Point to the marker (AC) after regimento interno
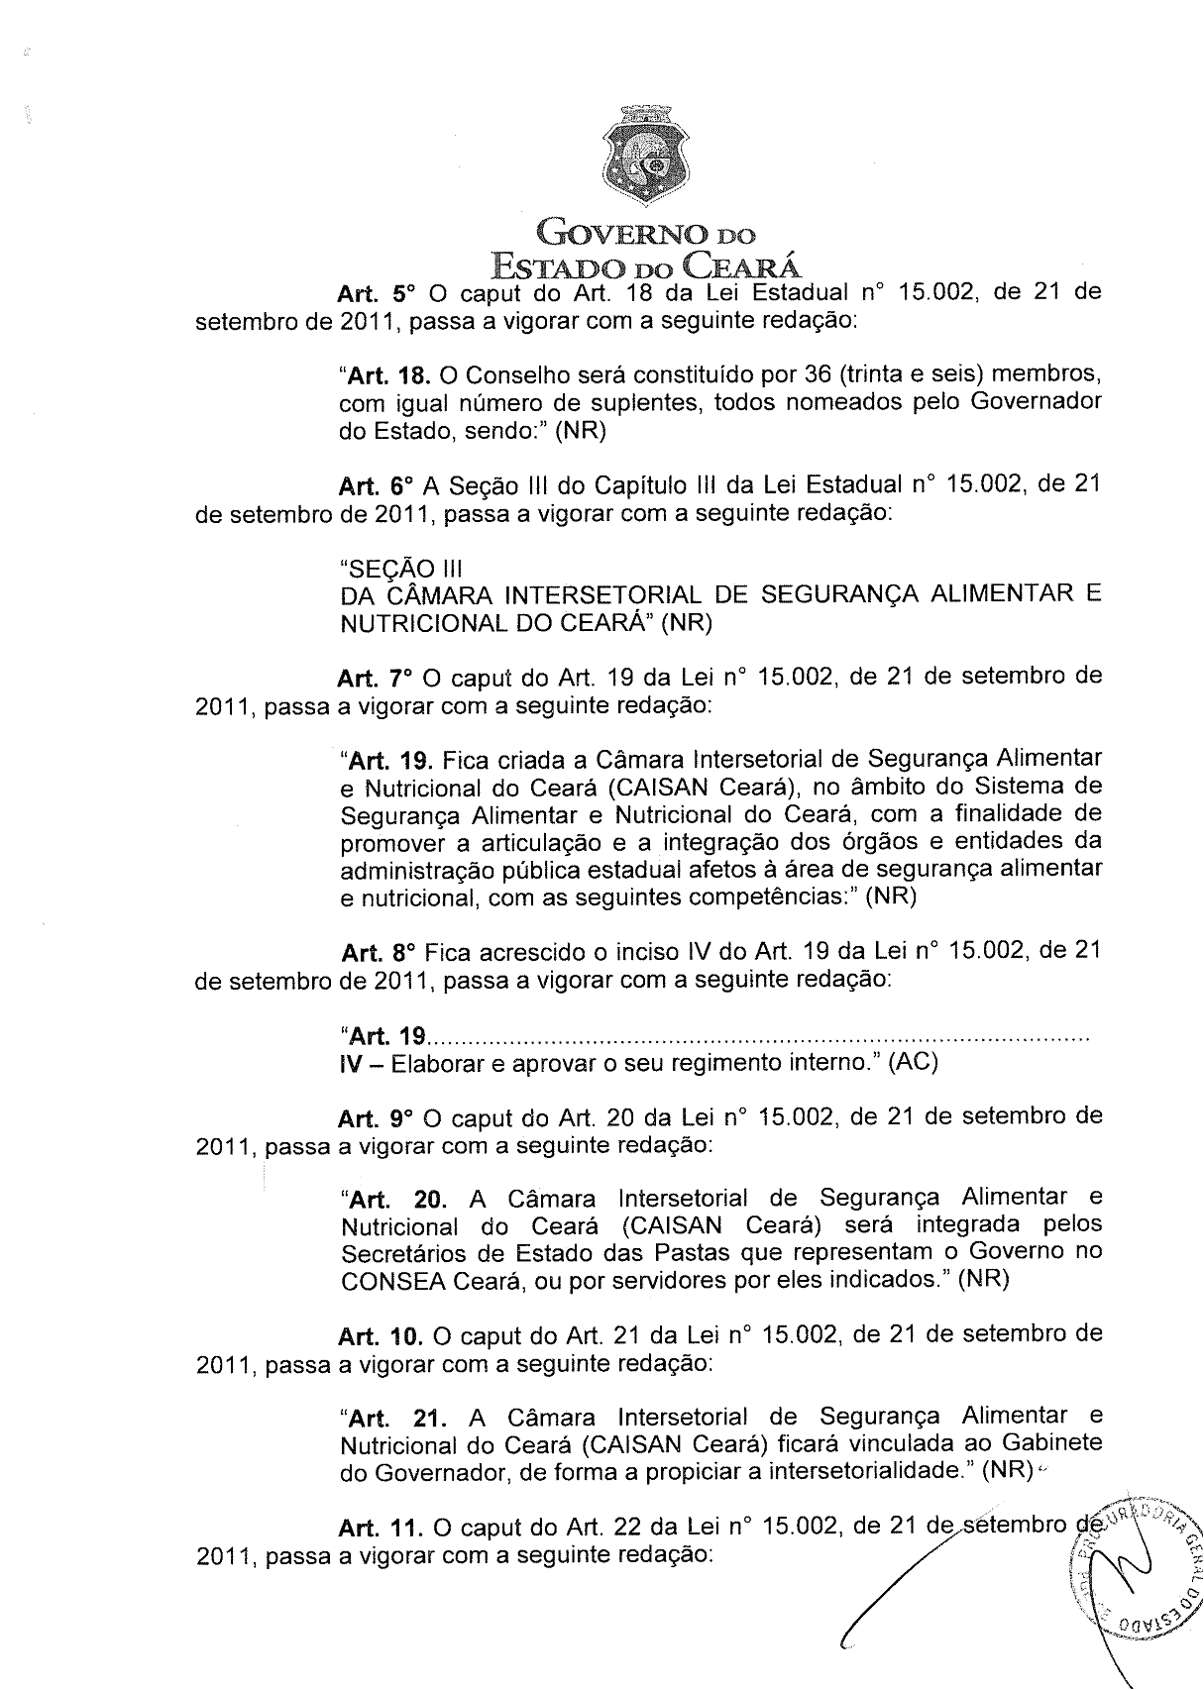tap(913, 1063)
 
